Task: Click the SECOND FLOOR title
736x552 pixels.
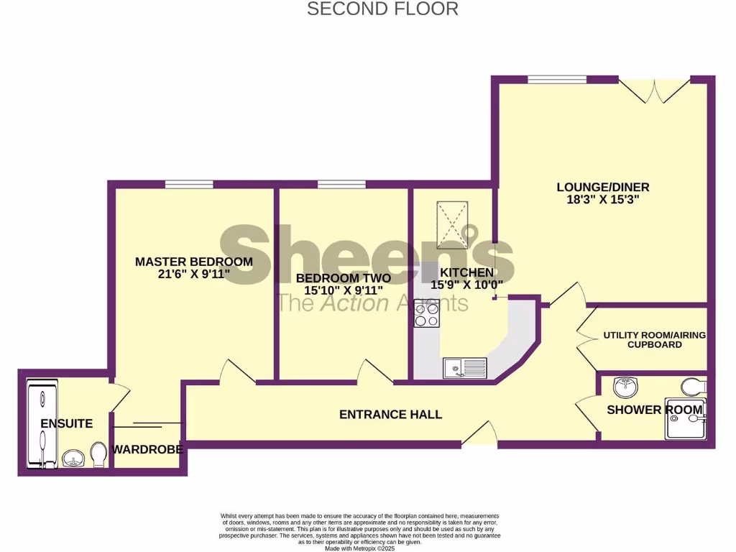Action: pyautogui.click(x=382, y=9)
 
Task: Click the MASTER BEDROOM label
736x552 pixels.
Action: pyautogui.click(x=194, y=262)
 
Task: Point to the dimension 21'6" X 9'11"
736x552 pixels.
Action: pyautogui.click(x=194, y=275)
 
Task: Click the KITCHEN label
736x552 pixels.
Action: pyautogui.click(x=467, y=272)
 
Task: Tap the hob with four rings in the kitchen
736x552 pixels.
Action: pyautogui.click(x=426, y=314)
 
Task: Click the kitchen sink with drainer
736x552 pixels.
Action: pyautogui.click(x=464, y=368)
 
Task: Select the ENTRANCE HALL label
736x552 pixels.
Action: pyautogui.click(x=390, y=414)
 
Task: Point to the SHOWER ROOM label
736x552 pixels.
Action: pyautogui.click(x=654, y=410)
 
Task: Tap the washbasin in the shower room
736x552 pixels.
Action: pyautogui.click(x=624, y=388)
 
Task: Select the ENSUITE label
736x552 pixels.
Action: pyautogui.click(x=66, y=423)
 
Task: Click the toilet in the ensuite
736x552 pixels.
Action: pyautogui.click(x=99, y=454)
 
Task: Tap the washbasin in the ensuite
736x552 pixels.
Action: pyautogui.click(x=73, y=457)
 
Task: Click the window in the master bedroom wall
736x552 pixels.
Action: pyautogui.click(x=188, y=185)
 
